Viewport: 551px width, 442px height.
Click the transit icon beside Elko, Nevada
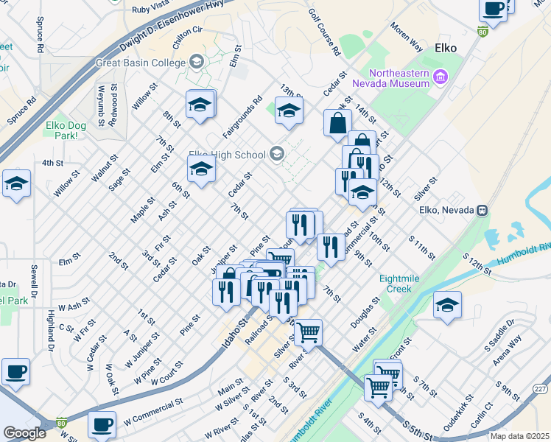[x=482, y=210]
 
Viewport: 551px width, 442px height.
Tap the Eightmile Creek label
[x=404, y=284]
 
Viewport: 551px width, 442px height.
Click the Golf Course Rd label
[x=323, y=33]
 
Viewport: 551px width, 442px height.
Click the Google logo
[x=24, y=432]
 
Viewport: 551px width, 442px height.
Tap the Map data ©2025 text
[x=519, y=436]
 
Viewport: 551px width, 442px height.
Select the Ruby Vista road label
[x=152, y=10]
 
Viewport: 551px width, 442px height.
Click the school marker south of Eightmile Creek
[x=447, y=305]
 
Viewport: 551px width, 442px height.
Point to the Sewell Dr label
[x=33, y=280]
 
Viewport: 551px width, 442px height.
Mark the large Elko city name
[x=446, y=48]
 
